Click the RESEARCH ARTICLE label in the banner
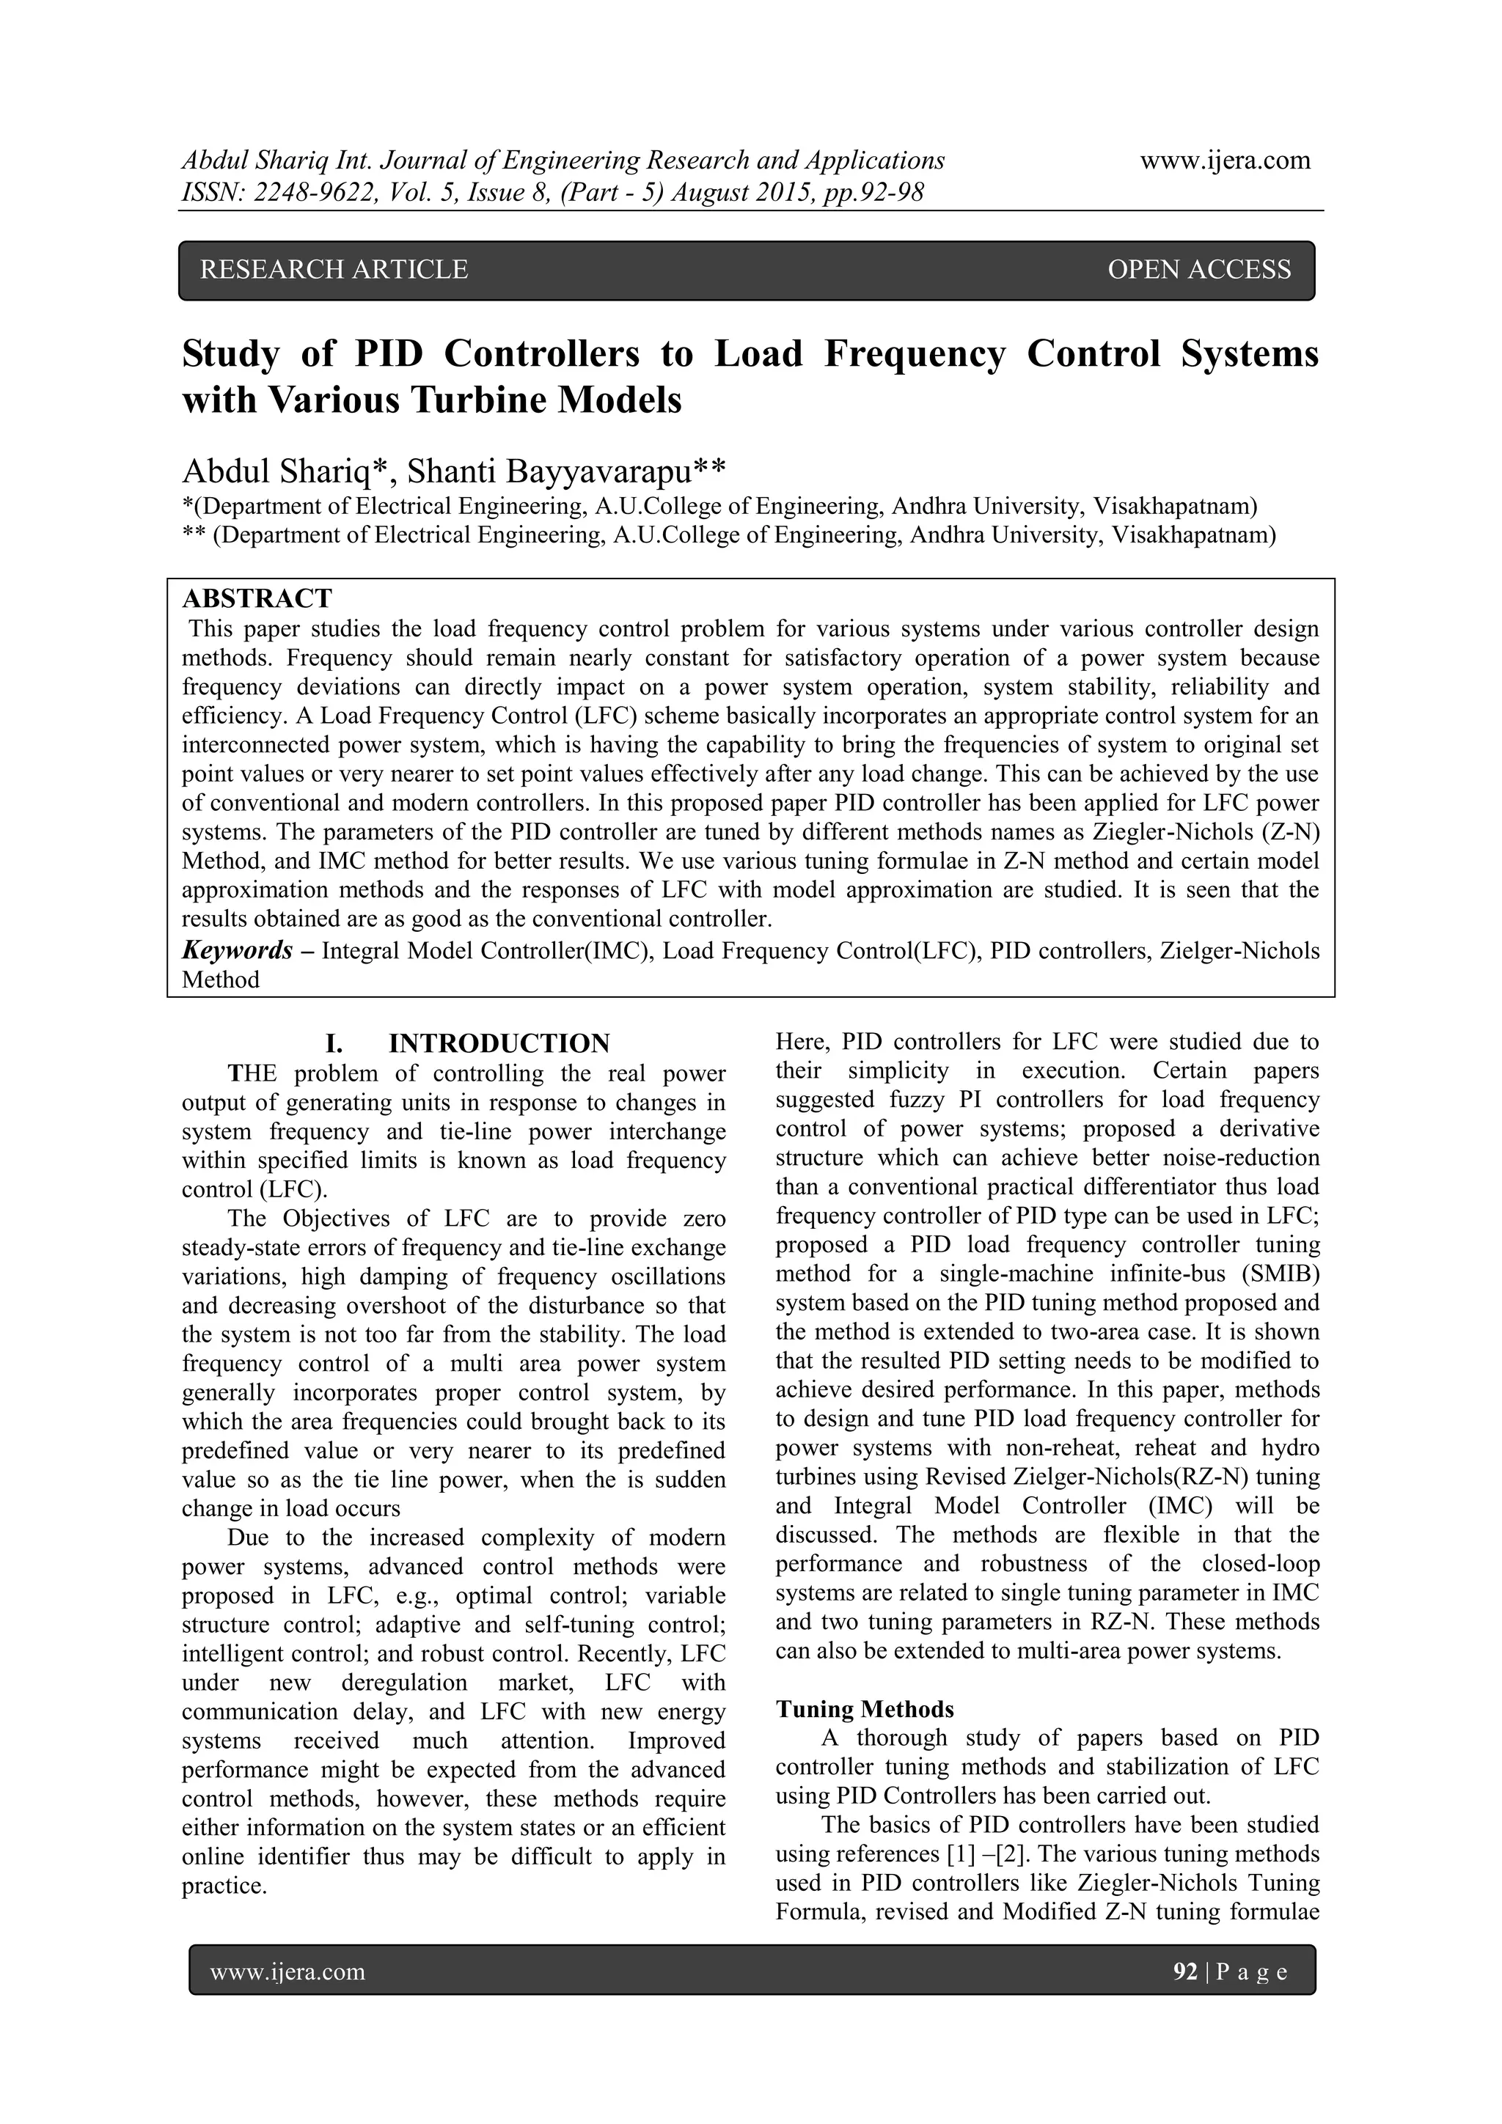click(x=334, y=269)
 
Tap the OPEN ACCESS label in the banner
click(x=1198, y=269)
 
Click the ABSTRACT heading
click(x=257, y=598)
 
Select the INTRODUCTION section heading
click(x=499, y=1043)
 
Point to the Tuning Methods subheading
click(x=865, y=1708)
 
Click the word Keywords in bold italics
click(x=237, y=950)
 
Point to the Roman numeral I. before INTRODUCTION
click(x=334, y=1043)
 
